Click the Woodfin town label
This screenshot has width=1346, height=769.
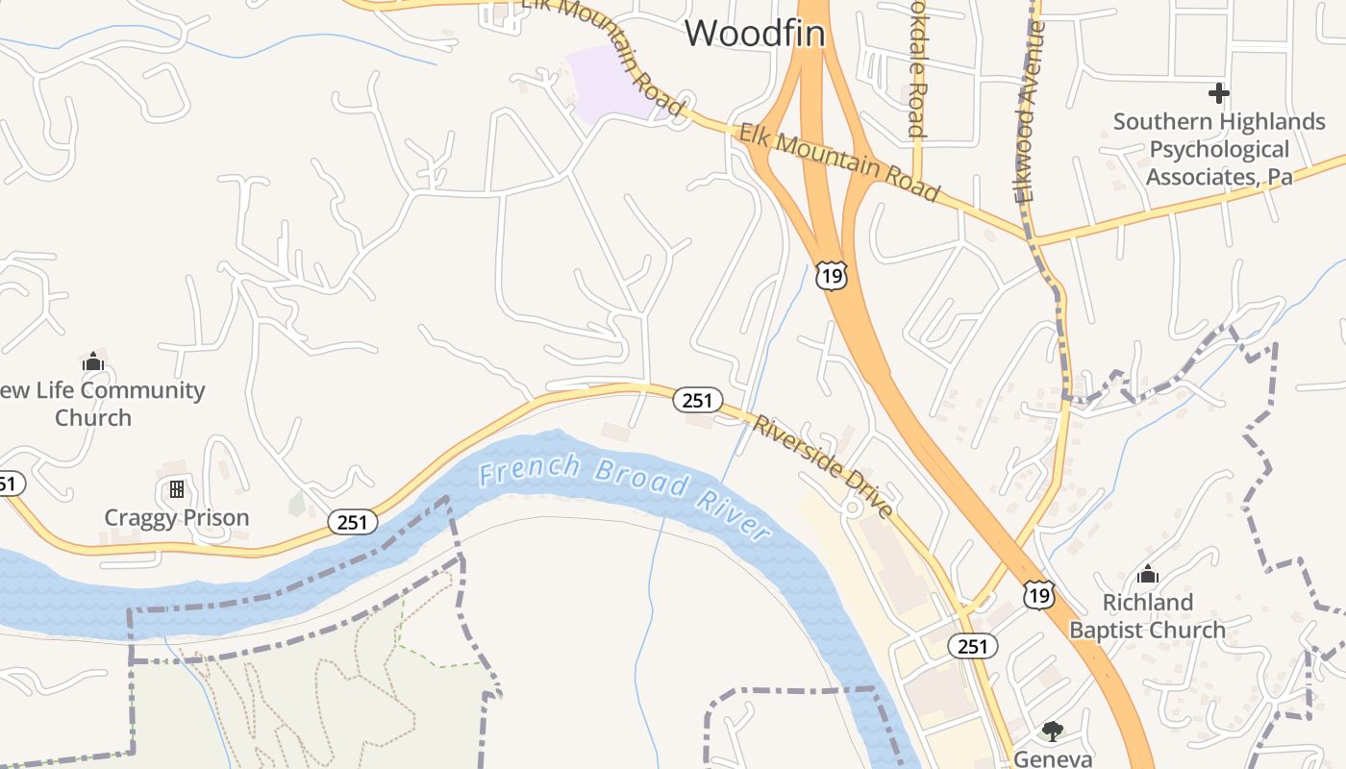755,34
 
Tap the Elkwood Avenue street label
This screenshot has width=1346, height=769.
1030,111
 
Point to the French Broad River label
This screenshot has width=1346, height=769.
625,497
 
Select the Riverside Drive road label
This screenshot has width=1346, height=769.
824,466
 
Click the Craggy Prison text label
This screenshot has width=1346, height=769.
177,518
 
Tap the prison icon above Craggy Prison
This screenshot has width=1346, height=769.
177,489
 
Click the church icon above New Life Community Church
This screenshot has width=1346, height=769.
93,361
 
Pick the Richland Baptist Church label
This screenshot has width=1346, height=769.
1147,616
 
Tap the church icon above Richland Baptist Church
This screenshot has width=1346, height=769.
1147,575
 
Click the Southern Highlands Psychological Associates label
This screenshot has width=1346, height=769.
1219,149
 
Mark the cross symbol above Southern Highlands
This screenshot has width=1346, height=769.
1219,93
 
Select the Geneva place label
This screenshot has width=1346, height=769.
1053,758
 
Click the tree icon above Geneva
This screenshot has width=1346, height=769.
1053,732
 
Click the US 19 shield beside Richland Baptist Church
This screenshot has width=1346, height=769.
1038,595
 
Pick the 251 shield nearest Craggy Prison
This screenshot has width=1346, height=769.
352,522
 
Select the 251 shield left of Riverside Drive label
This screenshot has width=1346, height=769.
696,400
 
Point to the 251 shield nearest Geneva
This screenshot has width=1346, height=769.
972,646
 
